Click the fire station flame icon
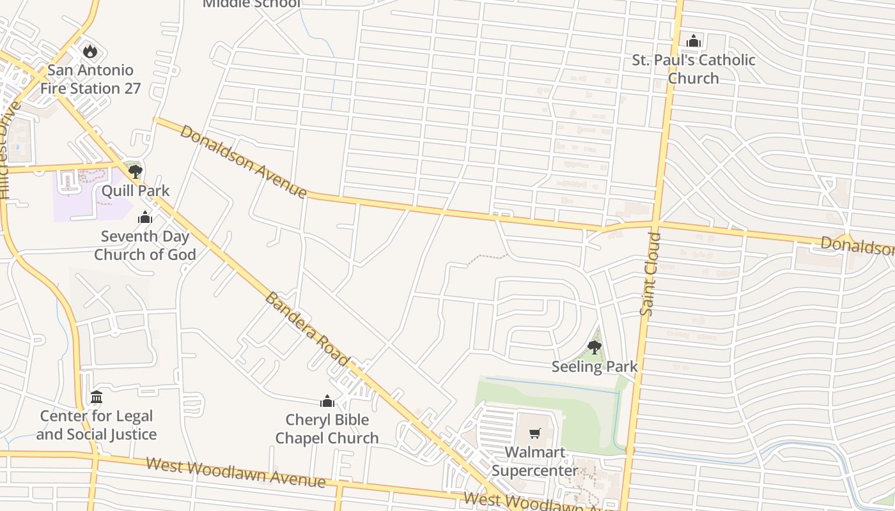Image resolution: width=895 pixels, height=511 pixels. point(90,51)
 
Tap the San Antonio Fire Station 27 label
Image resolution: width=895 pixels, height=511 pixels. point(90,79)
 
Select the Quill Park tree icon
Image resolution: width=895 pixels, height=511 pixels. point(135,171)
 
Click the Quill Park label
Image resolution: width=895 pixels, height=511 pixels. point(136,190)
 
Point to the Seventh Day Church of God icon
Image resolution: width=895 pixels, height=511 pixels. point(145,218)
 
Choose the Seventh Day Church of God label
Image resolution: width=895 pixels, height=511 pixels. point(145,245)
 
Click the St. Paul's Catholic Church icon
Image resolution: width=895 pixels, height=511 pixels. point(694,42)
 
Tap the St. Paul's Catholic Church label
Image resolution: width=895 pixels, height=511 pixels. point(694,69)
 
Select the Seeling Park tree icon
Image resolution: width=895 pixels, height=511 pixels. point(594,347)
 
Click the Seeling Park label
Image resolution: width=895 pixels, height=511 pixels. point(595,367)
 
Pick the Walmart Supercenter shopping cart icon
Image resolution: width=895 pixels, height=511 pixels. point(535,434)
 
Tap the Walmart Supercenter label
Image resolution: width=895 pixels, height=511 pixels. point(535,462)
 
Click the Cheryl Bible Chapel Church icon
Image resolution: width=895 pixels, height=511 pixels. point(327,401)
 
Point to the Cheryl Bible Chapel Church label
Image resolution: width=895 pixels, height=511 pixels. point(327,429)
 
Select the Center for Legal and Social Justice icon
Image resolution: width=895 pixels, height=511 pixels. point(97,397)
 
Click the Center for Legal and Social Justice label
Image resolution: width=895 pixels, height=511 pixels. point(97,425)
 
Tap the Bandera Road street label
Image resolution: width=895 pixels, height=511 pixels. point(307,329)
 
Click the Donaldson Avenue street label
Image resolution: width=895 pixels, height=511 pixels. point(243,161)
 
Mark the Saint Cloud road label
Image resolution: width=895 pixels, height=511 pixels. point(650,275)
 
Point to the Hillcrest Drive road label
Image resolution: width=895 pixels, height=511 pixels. point(9,151)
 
